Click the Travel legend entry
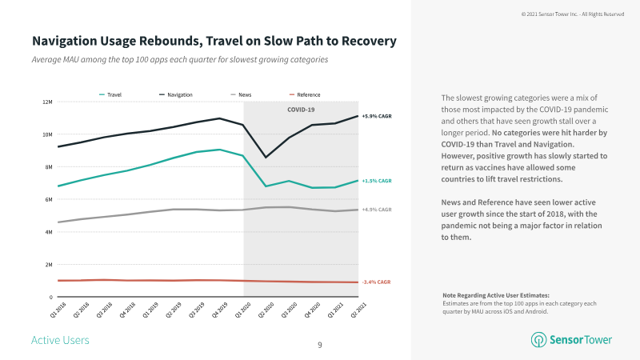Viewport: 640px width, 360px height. (114, 94)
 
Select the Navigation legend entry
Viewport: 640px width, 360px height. (176, 94)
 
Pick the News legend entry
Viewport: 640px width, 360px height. (241, 94)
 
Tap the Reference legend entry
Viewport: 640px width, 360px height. (303, 94)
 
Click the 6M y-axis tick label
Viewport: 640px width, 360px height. (48, 199)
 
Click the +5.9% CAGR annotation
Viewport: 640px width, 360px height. (377, 116)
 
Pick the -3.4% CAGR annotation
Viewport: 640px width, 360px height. (377, 282)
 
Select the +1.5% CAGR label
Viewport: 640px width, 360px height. (377, 181)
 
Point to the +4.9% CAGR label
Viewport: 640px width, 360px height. (377, 210)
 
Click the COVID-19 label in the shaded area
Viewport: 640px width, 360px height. (301, 110)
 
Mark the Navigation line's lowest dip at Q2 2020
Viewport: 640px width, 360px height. (266, 157)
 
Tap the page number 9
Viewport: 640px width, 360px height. (320, 345)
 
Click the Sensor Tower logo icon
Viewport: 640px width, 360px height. (538, 340)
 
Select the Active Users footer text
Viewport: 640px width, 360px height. (60, 341)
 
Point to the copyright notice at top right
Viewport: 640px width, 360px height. (572, 14)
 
